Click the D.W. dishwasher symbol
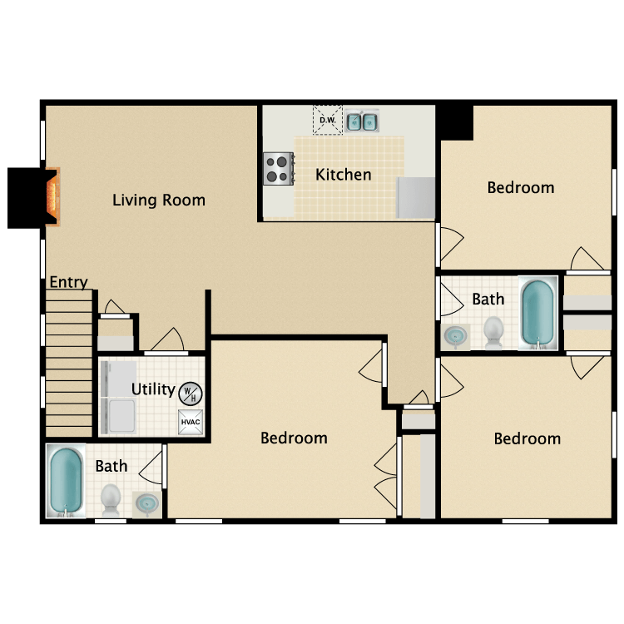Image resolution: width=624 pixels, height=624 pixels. tap(328, 120)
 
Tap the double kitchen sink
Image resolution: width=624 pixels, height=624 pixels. tap(361, 121)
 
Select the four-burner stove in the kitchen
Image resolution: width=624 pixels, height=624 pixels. tap(279, 169)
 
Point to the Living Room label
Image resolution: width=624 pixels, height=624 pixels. tap(159, 201)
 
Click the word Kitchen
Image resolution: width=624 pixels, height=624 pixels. tap(344, 175)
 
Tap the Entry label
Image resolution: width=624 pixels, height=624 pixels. tap(68, 282)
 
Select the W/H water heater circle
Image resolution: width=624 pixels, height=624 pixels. tap(191, 394)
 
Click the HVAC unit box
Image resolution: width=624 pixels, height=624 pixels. tap(191, 422)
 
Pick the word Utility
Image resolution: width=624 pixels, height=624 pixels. tap(153, 389)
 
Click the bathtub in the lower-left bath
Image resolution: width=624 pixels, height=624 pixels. tap(66, 481)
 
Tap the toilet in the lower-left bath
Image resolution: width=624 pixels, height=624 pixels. tap(110, 500)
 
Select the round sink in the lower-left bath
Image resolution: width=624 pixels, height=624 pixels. tap(147, 505)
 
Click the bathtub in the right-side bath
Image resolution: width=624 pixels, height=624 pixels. tap(538, 314)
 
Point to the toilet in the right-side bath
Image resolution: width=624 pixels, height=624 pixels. tap(493, 333)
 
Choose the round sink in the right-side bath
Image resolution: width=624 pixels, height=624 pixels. tap(455, 337)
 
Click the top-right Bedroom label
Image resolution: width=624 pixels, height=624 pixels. tap(521, 187)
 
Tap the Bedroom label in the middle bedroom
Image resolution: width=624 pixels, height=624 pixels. tap(294, 438)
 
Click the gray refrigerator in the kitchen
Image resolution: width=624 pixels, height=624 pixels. tap(415, 197)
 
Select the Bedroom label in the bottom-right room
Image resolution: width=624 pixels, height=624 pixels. tap(527, 438)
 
